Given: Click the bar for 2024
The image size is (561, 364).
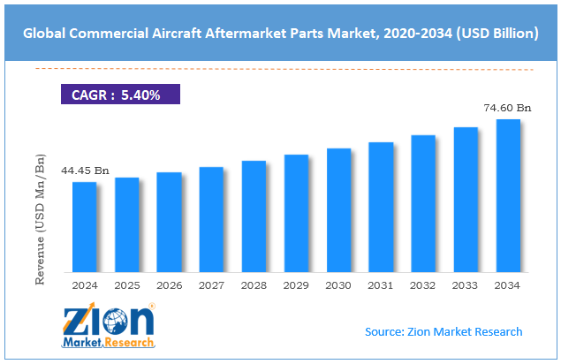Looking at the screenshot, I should (x=84, y=227).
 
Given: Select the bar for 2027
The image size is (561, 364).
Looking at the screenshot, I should (x=211, y=219).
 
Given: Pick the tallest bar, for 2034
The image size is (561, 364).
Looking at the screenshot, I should (x=508, y=195).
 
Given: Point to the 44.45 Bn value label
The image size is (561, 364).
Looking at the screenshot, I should (x=84, y=170).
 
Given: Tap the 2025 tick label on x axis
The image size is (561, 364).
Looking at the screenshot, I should (x=126, y=286).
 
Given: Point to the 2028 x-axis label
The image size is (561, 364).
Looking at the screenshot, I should (x=254, y=286).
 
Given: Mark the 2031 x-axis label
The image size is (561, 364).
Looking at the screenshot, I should (x=381, y=286).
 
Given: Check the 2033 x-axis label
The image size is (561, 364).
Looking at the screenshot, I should (x=466, y=286).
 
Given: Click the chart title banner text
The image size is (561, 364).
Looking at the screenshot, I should (x=280, y=34).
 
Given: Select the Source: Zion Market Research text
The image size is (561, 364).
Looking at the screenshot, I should (x=443, y=331).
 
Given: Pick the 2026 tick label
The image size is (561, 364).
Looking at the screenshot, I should (x=169, y=286).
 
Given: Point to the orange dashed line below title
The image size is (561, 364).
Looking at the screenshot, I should (x=283, y=68).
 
